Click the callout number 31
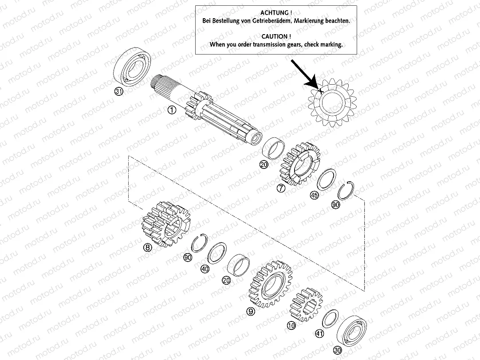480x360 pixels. coord(118,92)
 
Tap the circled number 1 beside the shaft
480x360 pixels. coord(172,110)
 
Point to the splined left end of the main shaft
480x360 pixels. coord(159,84)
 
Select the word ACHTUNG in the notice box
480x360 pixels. coord(276,12)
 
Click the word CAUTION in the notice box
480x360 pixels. coord(276,36)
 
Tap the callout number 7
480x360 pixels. coord(281,188)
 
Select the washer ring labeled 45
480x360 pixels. coord(328,179)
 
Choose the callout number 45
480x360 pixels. coord(314,196)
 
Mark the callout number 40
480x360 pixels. coord(205,269)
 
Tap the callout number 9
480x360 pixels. coord(251,312)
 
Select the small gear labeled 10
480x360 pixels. coord(307,304)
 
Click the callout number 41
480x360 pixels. coord(320,333)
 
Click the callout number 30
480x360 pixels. coord(338,350)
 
